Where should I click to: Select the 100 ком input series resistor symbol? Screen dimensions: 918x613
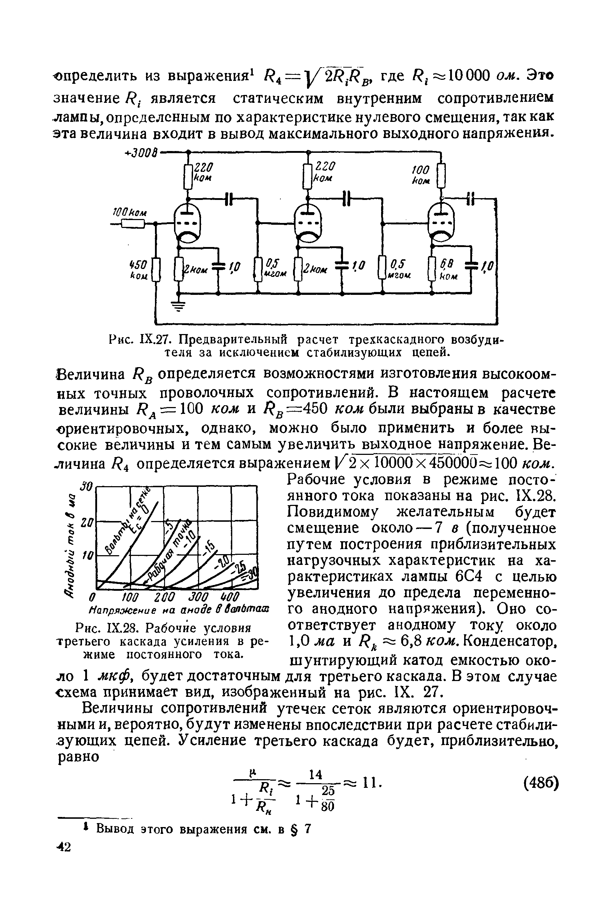coord(133,224)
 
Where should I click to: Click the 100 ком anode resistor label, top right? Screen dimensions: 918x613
coord(421,175)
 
